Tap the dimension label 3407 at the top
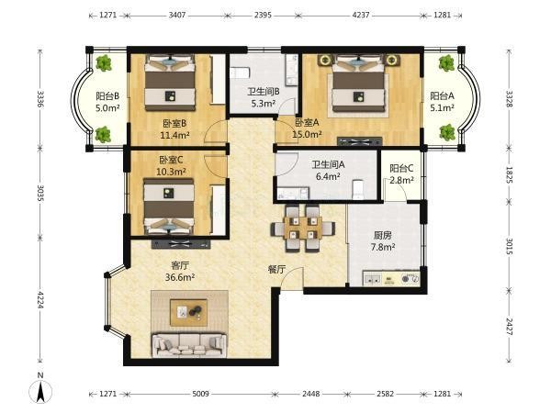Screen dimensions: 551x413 click(176, 15)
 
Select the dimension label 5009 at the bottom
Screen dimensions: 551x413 click(200, 394)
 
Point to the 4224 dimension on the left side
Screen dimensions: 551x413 click(40, 299)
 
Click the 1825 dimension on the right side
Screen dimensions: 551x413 click(510, 174)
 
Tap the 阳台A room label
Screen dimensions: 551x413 click(442, 95)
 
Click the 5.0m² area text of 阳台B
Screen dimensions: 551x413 click(107, 107)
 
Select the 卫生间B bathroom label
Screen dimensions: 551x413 click(264, 92)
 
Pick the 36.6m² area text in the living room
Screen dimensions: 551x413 click(180, 277)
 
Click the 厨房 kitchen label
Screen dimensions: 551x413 click(383, 235)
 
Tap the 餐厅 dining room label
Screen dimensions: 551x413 click(277, 269)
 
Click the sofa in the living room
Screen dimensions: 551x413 click(189, 344)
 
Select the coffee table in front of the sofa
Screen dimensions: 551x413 click(188, 313)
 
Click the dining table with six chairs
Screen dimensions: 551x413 click(303, 229)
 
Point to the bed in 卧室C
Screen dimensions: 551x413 click(169, 206)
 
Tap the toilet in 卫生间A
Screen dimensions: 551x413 click(358, 189)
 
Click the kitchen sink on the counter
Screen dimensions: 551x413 click(373, 280)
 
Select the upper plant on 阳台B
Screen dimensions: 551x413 click(104, 62)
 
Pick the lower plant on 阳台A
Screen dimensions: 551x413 click(447, 133)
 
